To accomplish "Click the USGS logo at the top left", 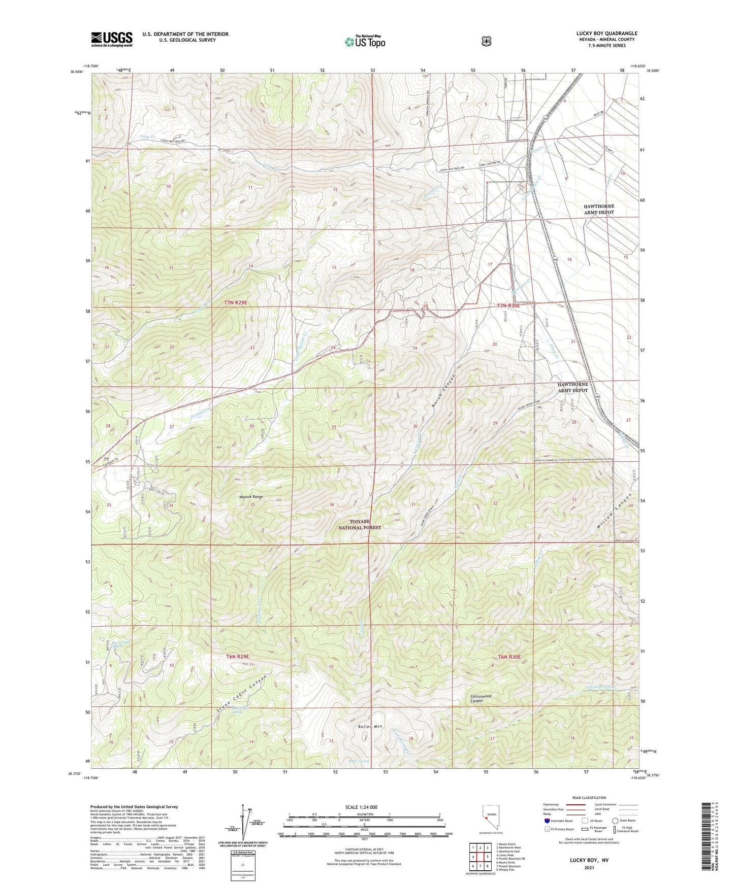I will pyautogui.click(x=112, y=39).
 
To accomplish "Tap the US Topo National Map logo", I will pyautogui.click(x=365, y=41).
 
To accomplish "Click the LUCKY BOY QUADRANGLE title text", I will pyautogui.click(x=607, y=33).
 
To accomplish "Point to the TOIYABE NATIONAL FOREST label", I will pyautogui.click(x=360, y=524).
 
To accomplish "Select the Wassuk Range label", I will pyautogui.click(x=251, y=497).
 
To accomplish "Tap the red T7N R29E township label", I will pyautogui.click(x=236, y=302).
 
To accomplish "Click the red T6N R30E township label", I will pyautogui.click(x=509, y=657).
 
